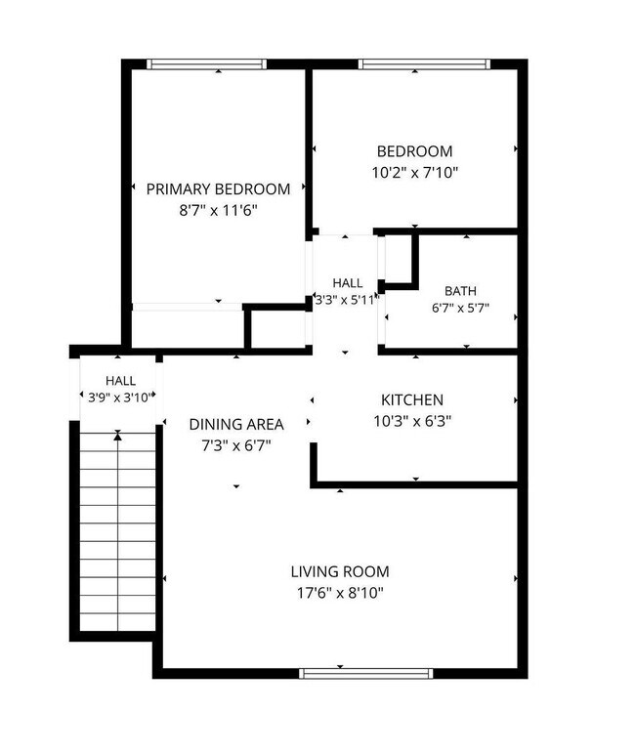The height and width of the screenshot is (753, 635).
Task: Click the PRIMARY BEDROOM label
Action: coord(218,189)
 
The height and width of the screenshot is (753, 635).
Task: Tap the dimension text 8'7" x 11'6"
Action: coord(219,210)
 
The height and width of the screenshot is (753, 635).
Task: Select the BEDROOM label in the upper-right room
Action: coord(414,151)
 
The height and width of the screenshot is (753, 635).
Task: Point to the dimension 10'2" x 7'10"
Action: coord(415,173)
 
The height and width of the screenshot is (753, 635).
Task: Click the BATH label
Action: coord(460,291)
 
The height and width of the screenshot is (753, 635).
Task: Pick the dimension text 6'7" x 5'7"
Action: coord(460,308)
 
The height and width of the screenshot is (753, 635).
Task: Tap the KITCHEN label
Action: coord(412,400)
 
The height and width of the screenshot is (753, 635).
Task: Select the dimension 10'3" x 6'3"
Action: coord(412,421)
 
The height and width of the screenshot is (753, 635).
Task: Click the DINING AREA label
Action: coord(236,425)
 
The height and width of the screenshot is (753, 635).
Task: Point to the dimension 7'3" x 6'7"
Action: coord(236,446)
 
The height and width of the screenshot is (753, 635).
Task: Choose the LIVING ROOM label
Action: coord(340,572)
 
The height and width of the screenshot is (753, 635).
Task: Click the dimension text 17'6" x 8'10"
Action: coord(340,594)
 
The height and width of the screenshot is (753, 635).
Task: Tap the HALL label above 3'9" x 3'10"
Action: coord(120,381)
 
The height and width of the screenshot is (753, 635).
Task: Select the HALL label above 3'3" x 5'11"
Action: coord(347,283)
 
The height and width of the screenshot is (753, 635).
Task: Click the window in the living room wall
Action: coord(366,673)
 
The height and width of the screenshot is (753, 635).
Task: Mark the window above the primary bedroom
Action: coord(206,64)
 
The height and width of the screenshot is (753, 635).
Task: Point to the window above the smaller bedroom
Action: coord(425,64)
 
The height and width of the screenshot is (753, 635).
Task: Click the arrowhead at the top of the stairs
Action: coord(117,436)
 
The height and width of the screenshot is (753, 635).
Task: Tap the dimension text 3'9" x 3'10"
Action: coord(120,397)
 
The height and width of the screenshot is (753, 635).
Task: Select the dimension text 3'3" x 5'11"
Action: coord(347,300)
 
